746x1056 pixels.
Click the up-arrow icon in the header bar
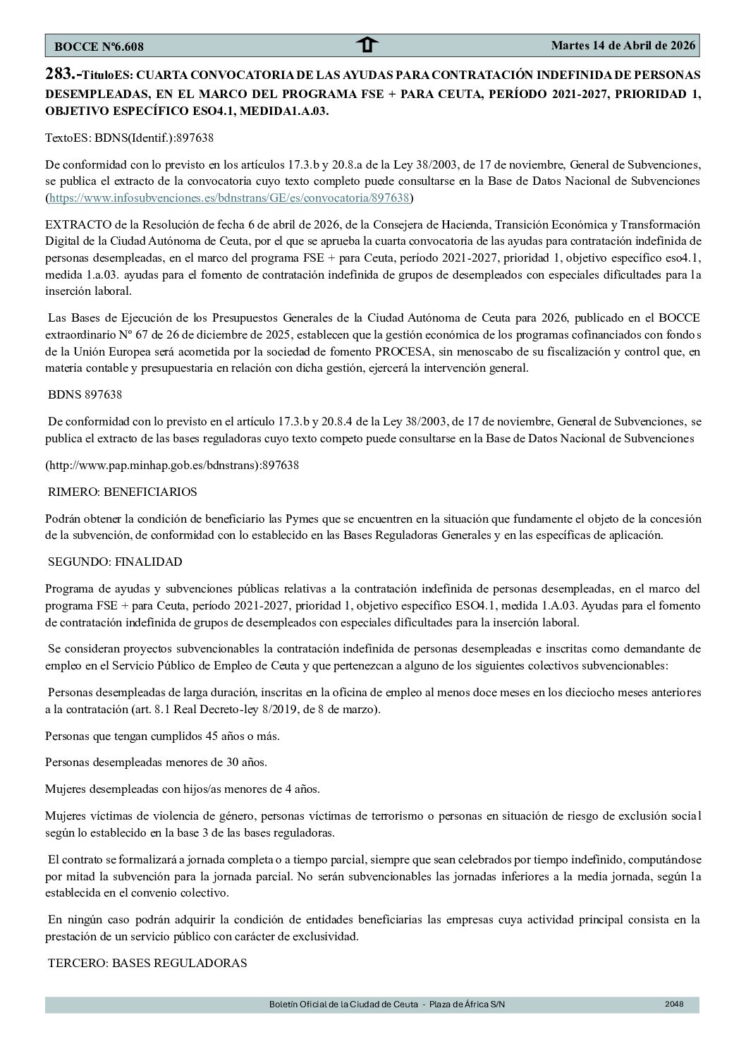tap(367, 46)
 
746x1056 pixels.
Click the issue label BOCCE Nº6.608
tap(99, 47)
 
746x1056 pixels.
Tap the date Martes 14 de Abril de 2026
tap(623, 45)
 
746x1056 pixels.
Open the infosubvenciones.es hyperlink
tap(229, 198)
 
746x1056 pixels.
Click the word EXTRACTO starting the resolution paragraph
tap(73, 225)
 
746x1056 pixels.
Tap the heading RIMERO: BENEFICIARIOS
tap(122, 492)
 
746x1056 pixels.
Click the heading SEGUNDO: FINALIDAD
tap(115, 562)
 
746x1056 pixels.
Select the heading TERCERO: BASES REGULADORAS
tap(147, 963)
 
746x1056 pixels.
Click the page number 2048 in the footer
tap(674, 1004)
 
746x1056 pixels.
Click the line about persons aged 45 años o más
tap(162, 736)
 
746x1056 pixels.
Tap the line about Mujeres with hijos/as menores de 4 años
tap(182, 789)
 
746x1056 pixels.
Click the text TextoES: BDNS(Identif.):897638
tap(130, 138)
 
